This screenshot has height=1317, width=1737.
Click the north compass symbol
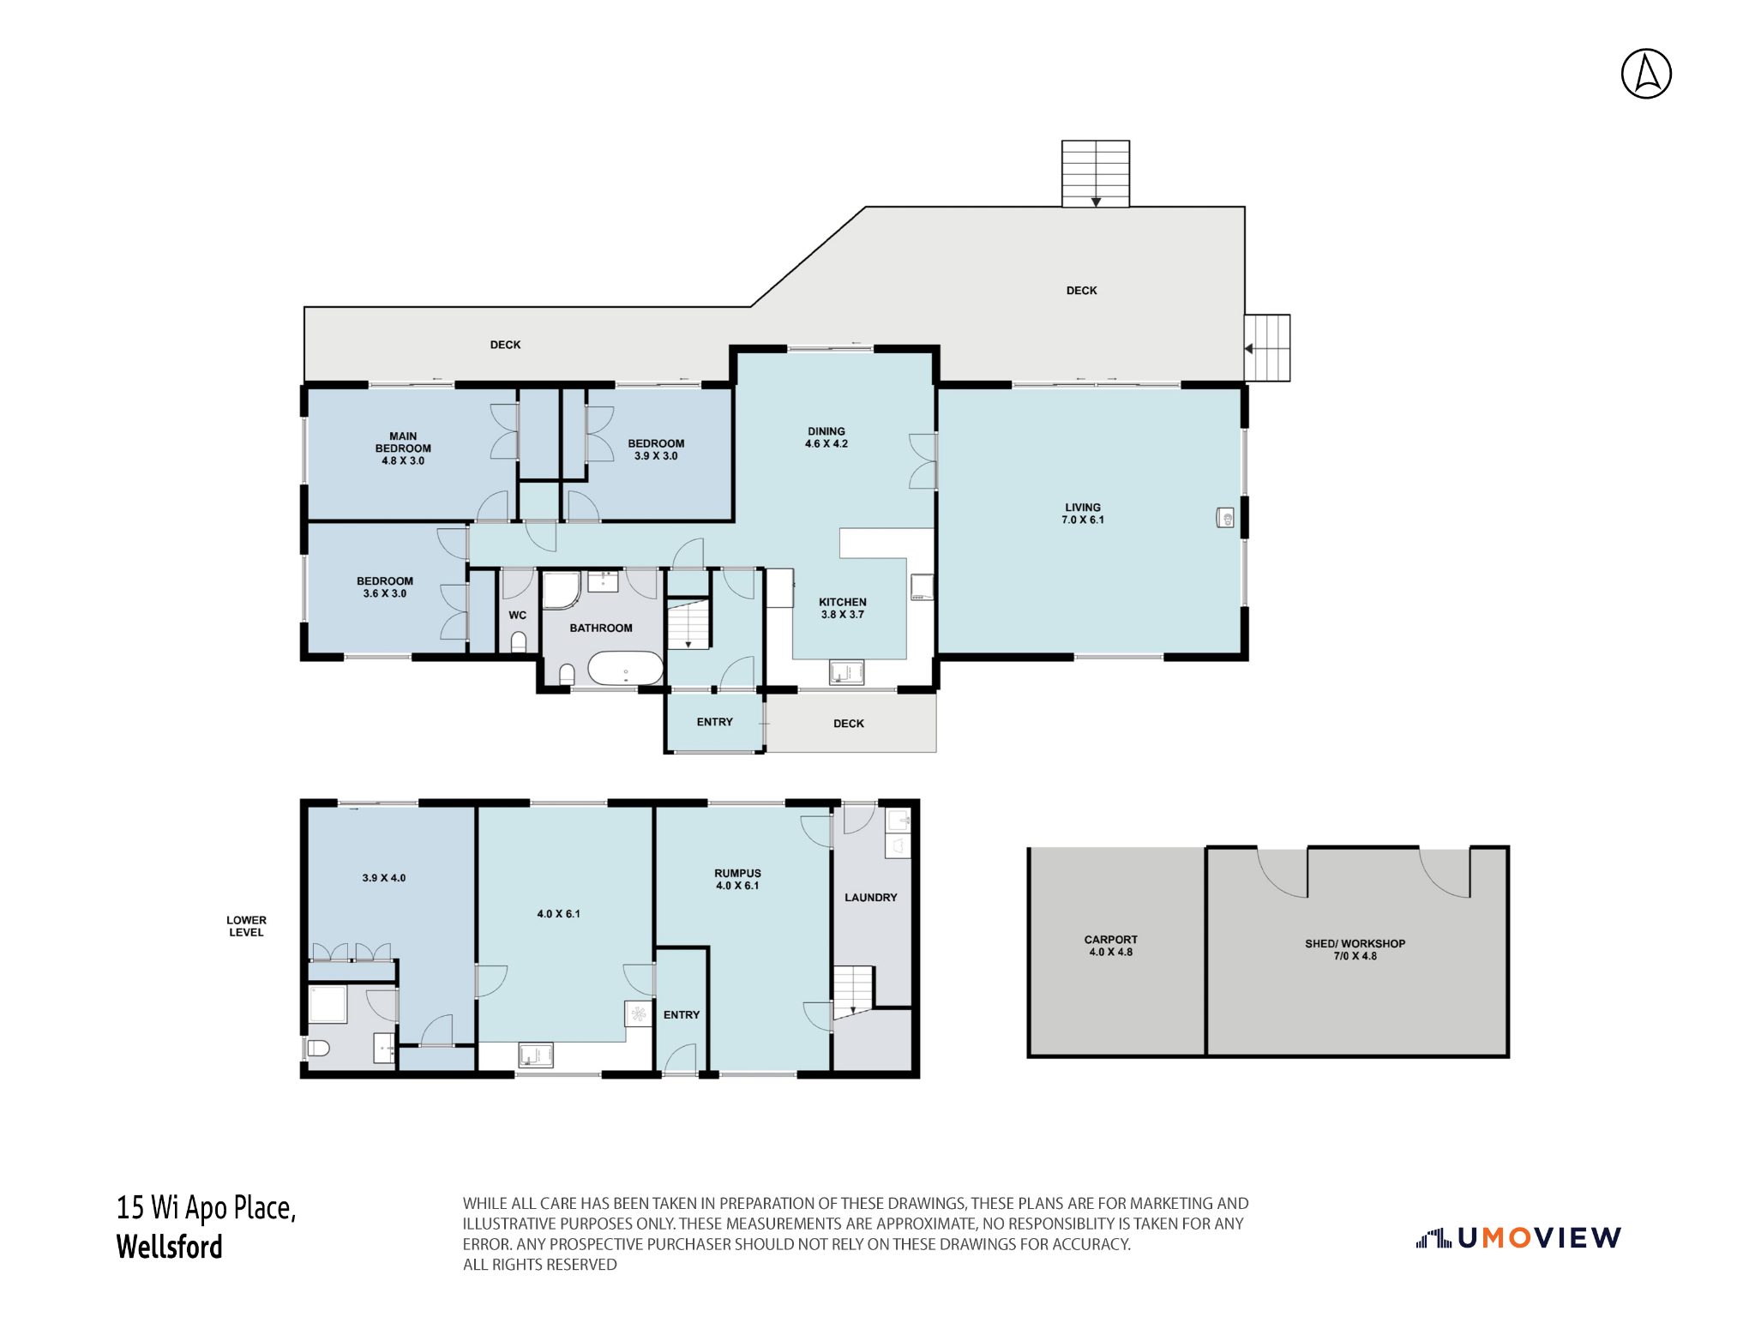[1646, 74]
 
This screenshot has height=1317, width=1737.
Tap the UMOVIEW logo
[1518, 1237]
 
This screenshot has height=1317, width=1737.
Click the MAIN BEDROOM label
[403, 442]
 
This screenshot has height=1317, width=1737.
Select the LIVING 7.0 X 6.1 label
[1083, 514]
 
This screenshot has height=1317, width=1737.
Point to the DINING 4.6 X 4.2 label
[826, 437]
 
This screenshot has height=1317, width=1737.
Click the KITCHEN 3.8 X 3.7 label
[843, 608]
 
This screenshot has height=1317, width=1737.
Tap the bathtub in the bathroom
[626, 668]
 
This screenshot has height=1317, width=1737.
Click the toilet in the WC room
[518, 641]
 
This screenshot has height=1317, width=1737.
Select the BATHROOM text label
[601, 628]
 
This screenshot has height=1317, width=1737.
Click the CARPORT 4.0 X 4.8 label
[1111, 946]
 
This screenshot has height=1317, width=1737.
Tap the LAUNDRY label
[871, 898]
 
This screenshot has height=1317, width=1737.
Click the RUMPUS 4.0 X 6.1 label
[738, 880]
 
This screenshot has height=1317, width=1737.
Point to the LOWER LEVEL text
[247, 926]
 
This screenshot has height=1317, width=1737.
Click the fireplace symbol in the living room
[1226, 517]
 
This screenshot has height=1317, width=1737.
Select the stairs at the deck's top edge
[1096, 174]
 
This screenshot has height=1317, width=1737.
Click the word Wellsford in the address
[170, 1247]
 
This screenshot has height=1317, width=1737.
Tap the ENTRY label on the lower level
[682, 1015]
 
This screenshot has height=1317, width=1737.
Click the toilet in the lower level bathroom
[318, 1048]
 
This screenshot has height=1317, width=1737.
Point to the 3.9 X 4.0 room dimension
[384, 878]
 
